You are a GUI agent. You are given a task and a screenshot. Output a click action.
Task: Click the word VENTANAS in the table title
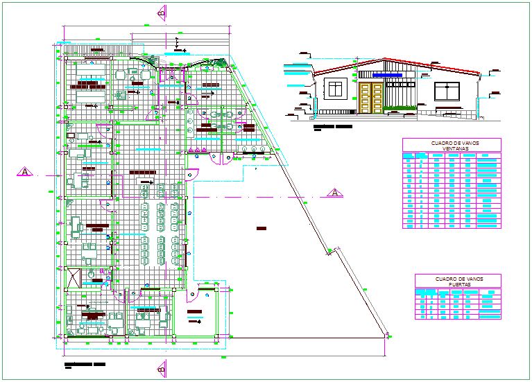pos(452,149)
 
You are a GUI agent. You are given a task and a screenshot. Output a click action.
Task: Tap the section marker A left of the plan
pos(24,171)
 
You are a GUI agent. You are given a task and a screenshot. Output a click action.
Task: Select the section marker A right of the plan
pos(333,192)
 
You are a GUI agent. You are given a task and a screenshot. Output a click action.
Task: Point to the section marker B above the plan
pos(162,11)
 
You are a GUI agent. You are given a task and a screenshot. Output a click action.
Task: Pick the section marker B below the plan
pos(162,367)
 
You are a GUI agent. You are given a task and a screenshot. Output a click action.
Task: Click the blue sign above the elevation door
pos(387,73)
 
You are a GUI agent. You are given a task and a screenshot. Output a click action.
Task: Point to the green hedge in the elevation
pos(400,107)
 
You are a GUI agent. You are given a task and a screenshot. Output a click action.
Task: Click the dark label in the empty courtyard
pos(261,228)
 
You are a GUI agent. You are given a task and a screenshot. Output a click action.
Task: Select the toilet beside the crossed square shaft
pos(90,275)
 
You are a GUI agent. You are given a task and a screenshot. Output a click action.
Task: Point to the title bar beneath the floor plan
pos(84,363)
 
